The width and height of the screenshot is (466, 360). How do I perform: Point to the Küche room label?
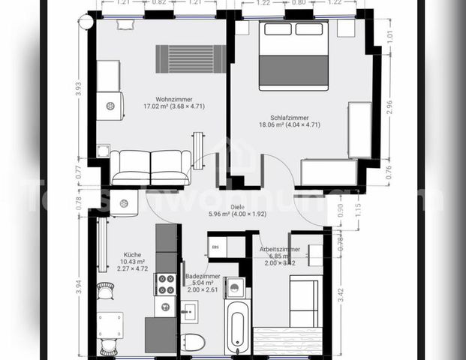point(133,254)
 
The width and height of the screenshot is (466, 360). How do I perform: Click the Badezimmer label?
point(203,276)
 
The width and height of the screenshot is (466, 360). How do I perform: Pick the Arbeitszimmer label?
point(280,249)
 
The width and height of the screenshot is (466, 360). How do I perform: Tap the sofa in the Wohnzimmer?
point(150,166)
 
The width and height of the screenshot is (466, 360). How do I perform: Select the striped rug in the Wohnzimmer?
point(191,58)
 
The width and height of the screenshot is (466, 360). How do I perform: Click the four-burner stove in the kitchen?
point(165,283)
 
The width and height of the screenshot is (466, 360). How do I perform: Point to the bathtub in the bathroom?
point(237,327)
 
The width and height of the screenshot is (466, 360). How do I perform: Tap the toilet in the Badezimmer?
point(194,342)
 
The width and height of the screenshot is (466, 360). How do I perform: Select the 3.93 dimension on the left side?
point(78,87)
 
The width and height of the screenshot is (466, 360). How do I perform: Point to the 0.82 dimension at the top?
point(160,3)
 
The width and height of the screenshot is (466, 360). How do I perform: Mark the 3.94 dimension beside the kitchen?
point(79,285)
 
